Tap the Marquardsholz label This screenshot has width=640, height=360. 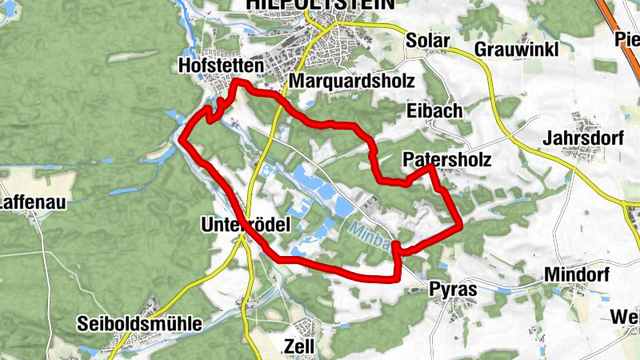click(352, 82)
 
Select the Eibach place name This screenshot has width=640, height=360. click(434, 110)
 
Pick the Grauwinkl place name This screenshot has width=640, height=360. click(514, 49)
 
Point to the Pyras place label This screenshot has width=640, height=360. click(453, 288)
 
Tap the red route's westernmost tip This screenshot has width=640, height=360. click(182, 140)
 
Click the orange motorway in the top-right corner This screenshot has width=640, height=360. click(620, 16)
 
